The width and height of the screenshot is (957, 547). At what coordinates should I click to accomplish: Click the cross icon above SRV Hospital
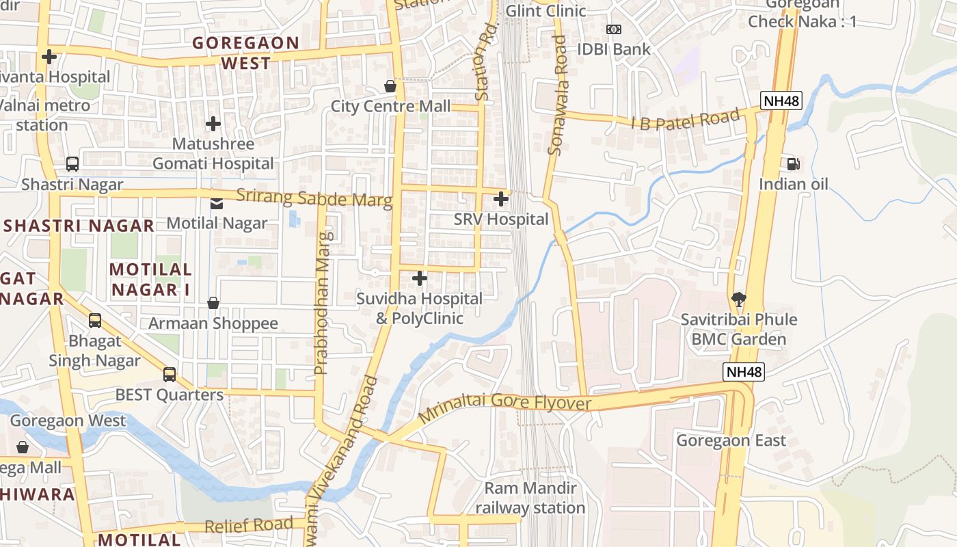click(x=501, y=199)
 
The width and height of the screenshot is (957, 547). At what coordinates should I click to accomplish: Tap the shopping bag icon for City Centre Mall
click(x=390, y=86)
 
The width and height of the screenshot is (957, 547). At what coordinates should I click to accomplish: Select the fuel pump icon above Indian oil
click(x=793, y=163)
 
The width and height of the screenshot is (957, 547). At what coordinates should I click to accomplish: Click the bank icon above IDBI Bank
click(x=614, y=29)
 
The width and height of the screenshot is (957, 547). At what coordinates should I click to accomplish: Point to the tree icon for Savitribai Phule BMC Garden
click(x=738, y=299)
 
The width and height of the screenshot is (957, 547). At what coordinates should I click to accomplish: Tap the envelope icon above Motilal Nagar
click(x=217, y=203)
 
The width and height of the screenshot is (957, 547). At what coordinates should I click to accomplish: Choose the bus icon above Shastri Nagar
click(x=72, y=164)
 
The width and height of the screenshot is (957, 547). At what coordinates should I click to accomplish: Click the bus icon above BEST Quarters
click(x=169, y=375)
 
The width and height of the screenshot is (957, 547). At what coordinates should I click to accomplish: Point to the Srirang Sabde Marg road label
click(x=314, y=198)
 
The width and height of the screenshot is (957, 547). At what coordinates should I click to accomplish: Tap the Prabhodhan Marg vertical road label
click(x=322, y=304)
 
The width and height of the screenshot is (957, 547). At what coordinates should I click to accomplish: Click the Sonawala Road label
click(x=558, y=96)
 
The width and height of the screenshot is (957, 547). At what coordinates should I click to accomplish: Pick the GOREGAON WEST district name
click(x=245, y=53)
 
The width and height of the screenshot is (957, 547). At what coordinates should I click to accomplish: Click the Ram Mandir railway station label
click(x=530, y=498)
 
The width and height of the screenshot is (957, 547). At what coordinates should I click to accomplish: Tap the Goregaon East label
click(x=731, y=440)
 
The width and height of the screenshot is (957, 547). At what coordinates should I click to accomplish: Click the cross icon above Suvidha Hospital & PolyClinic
click(x=420, y=278)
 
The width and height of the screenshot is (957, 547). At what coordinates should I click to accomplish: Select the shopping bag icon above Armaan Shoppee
click(x=213, y=303)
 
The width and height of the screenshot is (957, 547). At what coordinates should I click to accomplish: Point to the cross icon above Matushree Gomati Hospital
click(x=213, y=124)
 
